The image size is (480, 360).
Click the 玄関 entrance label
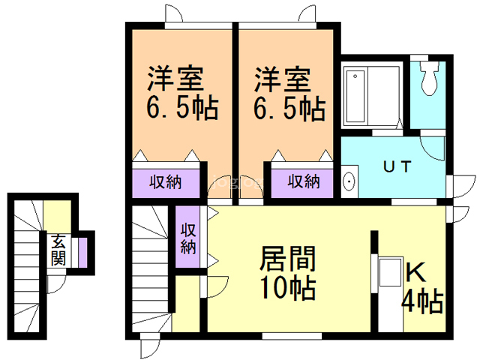58,250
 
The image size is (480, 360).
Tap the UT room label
397,166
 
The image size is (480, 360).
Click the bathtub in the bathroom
355,97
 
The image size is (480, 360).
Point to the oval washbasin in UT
349,181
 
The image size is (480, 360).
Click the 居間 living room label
288,259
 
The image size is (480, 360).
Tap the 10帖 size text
288,288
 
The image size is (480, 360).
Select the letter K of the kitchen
415,273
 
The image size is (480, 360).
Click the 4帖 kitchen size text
422,301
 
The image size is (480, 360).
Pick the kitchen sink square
391,272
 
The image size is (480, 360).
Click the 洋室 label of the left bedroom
175,78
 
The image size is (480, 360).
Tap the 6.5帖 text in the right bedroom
289,108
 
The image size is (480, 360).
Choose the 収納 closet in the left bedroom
166,183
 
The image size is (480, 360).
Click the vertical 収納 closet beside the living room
187,238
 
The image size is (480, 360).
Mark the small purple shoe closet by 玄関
82,253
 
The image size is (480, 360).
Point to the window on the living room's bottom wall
292,336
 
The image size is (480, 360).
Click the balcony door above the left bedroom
173,14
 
